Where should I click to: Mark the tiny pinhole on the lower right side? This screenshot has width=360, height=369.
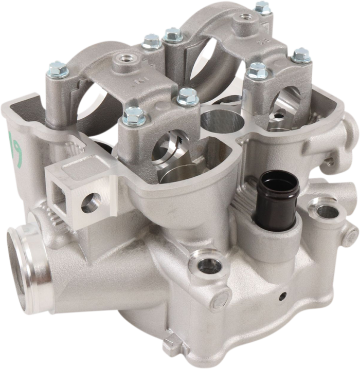tap(282, 296)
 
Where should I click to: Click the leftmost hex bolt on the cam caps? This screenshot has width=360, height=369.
tap(58, 68)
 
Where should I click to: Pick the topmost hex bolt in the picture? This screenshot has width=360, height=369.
tap(262, 7)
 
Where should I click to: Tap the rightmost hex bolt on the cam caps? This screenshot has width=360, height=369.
tap(301, 54)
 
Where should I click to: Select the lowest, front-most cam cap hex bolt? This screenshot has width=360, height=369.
tap(134, 116)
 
